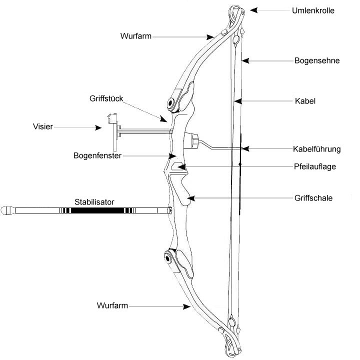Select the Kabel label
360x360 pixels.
(x=305, y=101)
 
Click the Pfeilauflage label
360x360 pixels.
(x=314, y=166)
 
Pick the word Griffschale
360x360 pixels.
(x=313, y=198)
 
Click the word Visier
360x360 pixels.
(x=43, y=127)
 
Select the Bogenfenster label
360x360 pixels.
(x=98, y=155)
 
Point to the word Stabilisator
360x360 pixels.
(x=94, y=202)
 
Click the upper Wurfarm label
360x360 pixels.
(x=135, y=36)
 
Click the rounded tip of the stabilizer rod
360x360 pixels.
(x=7, y=210)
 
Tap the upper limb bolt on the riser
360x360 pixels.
(x=172, y=103)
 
